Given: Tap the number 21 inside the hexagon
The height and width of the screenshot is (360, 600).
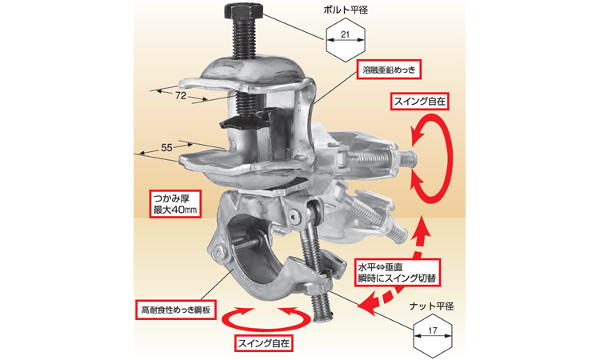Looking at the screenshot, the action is click(x=345, y=34).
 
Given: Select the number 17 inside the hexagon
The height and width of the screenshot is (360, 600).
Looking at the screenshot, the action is click(x=433, y=330).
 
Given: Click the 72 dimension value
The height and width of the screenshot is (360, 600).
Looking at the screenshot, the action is click(x=181, y=96).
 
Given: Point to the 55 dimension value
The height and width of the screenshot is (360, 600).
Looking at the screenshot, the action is click(x=167, y=148).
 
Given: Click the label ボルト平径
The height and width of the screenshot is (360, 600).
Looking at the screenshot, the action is click(x=346, y=10).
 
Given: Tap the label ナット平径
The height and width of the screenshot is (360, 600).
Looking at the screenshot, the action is click(x=431, y=306).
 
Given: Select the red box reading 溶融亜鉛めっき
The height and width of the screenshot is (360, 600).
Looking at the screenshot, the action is click(x=389, y=70).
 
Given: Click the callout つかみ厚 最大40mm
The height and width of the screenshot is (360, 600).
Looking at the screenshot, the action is click(x=176, y=204).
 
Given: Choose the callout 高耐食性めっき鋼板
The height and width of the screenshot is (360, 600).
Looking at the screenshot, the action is click(x=176, y=310).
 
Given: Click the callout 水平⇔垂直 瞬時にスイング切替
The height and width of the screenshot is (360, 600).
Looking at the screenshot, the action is click(x=397, y=272).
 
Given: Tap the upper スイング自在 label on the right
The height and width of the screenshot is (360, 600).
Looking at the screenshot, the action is click(x=420, y=101).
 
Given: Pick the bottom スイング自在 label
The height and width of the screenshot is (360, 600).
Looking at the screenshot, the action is click(x=264, y=342).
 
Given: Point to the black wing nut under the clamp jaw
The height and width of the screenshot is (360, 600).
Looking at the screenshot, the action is click(x=244, y=121).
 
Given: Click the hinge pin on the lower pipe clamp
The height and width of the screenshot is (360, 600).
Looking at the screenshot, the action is click(x=218, y=250).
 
